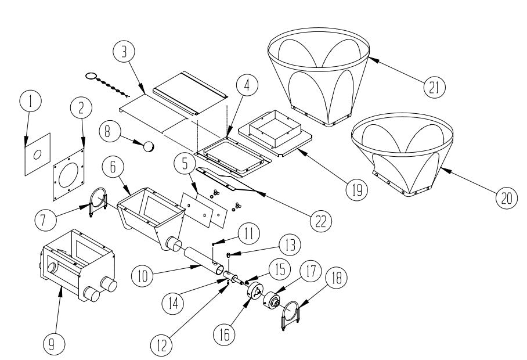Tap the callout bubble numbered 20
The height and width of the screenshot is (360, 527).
coord(505,197)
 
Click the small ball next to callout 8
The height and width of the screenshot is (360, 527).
coord(150,146)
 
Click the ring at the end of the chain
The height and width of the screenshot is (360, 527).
coord(91,75)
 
